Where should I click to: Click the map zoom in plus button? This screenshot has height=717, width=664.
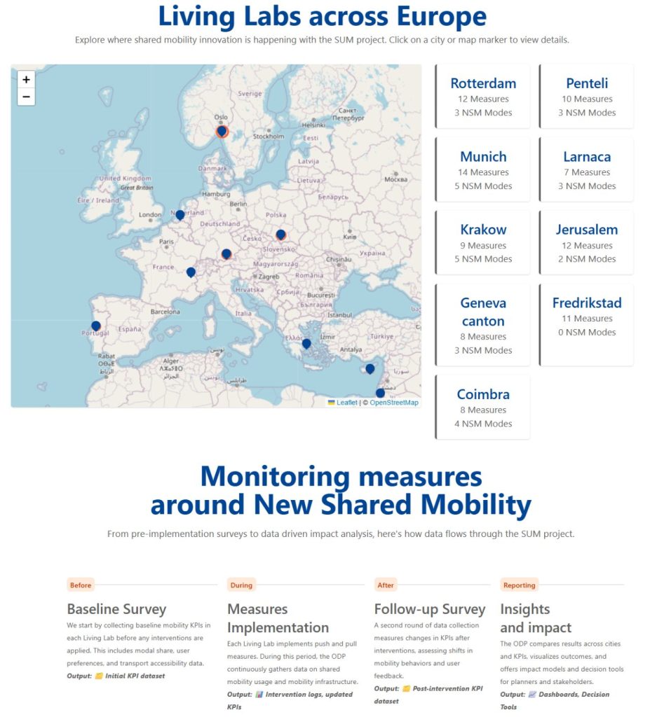tap(26, 80)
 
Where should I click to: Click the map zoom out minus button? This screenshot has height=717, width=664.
tap(26, 97)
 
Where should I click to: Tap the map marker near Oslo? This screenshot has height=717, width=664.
tap(222, 131)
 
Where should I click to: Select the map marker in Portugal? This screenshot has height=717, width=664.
tap(96, 326)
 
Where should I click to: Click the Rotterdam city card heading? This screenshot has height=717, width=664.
tap(483, 83)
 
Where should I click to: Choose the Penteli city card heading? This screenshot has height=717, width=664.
tap(587, 83)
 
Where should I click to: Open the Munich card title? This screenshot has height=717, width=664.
tap(483, 157)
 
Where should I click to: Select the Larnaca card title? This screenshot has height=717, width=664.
tap(587, 157)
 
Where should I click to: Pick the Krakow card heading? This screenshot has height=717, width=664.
tap(483, 230)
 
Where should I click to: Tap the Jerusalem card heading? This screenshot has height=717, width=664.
tap(587, 230)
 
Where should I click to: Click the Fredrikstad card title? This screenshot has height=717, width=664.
tap(587, 303)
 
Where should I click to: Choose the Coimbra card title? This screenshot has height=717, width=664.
tap(483, 394)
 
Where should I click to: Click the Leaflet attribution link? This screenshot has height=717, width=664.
tap(346, 403)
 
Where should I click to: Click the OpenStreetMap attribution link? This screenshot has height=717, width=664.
tap(394, 403)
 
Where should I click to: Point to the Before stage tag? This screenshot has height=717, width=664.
tap(81, 585)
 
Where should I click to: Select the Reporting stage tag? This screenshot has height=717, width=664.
tap(520, 585)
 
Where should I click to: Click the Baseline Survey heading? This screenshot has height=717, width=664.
tap(116, 609)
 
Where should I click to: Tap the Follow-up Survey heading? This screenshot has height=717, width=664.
tap(430, 609)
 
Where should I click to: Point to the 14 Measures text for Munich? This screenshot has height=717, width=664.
tap(483, 172)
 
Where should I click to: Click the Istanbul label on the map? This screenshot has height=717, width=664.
tap(339, 315)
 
